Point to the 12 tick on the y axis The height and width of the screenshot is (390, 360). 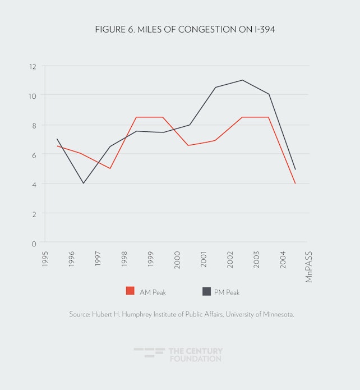coord(33,66)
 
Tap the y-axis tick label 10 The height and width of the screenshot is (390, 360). coord(33,95)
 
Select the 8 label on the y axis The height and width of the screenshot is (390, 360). coord(34,125)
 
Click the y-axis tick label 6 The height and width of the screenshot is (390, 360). coord(34,155)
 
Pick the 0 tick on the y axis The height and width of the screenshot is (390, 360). coord(34,244)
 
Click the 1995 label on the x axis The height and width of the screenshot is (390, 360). coord(45,258)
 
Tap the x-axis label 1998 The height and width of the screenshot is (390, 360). coord(124,258)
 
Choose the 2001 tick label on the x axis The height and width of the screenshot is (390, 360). coord(204,258)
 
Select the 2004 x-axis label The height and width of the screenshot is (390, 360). coord(283,258)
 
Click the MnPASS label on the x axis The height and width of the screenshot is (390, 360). coord(309,264)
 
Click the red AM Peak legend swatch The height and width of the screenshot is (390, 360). coord(130,291)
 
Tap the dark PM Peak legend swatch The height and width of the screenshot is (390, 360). coord(206,291)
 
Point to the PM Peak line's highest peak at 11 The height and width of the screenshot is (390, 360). coord(242,80)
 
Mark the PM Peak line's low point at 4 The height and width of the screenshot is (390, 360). coord(84,183)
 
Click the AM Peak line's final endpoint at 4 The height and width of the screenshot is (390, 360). coord(295,183)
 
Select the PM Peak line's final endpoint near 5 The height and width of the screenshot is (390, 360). coord(295,169)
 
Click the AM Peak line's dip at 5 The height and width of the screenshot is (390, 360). coord(110,168)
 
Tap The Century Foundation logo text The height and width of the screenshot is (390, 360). coord(195,355)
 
